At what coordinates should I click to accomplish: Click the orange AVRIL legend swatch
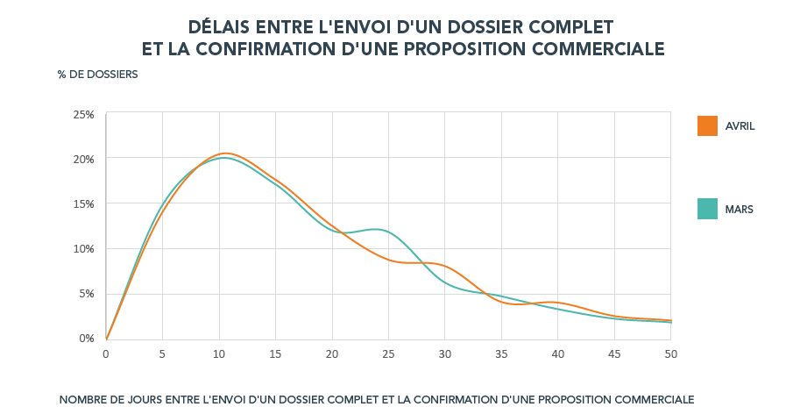(x=708, y=126)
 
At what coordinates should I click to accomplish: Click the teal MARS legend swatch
(x=708, y=209)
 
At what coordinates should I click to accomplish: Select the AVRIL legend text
(x=740, y=126)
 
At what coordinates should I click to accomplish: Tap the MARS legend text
(x=740, y=210)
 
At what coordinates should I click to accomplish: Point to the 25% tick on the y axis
(x=83, y=115)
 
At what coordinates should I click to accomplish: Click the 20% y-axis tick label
(x=83, y=160)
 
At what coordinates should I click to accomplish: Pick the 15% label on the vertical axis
(x=83, y=204)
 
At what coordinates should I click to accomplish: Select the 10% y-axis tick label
(x=83, y=249)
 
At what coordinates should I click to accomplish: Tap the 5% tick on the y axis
(x=86, y=294)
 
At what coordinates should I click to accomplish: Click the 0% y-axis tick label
(x=86, y=339)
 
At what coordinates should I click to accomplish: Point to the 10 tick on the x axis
(x=218, y=354)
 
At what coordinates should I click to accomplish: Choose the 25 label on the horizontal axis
(x=388, y=354)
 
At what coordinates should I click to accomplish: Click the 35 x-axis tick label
(x=501, y=354)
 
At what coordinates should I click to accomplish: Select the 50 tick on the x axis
(x=670, y=354)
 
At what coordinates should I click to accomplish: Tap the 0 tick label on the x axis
(x=106, y=354)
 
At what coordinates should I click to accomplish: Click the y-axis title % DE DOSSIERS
(x=97, y=75)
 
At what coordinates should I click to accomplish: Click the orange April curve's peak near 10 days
(x=225, y=153)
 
